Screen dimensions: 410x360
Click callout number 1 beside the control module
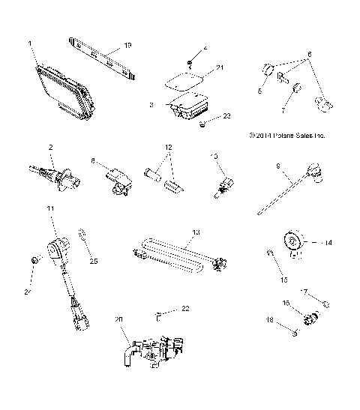(x=30, y=44)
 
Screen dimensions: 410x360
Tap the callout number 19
(x=127, y=46)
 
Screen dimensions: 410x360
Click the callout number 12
(x=169, y=147)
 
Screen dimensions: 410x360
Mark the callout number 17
(x=304, y=292)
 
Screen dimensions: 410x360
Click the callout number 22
(x=184, y=309)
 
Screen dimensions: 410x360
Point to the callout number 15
(x=283, y=280)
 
